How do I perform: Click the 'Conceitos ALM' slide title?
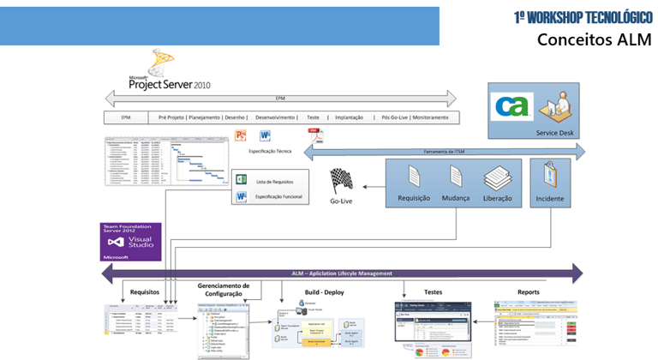[594, 39]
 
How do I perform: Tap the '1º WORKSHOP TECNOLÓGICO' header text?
[583, 17]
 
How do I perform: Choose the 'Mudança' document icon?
[455, 177]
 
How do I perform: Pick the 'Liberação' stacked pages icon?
[497, 177]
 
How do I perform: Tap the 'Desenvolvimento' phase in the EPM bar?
[275, 117]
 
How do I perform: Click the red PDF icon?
[314, 135]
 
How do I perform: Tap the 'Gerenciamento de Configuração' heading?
[224, 290]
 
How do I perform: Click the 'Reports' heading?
[529, 291]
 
